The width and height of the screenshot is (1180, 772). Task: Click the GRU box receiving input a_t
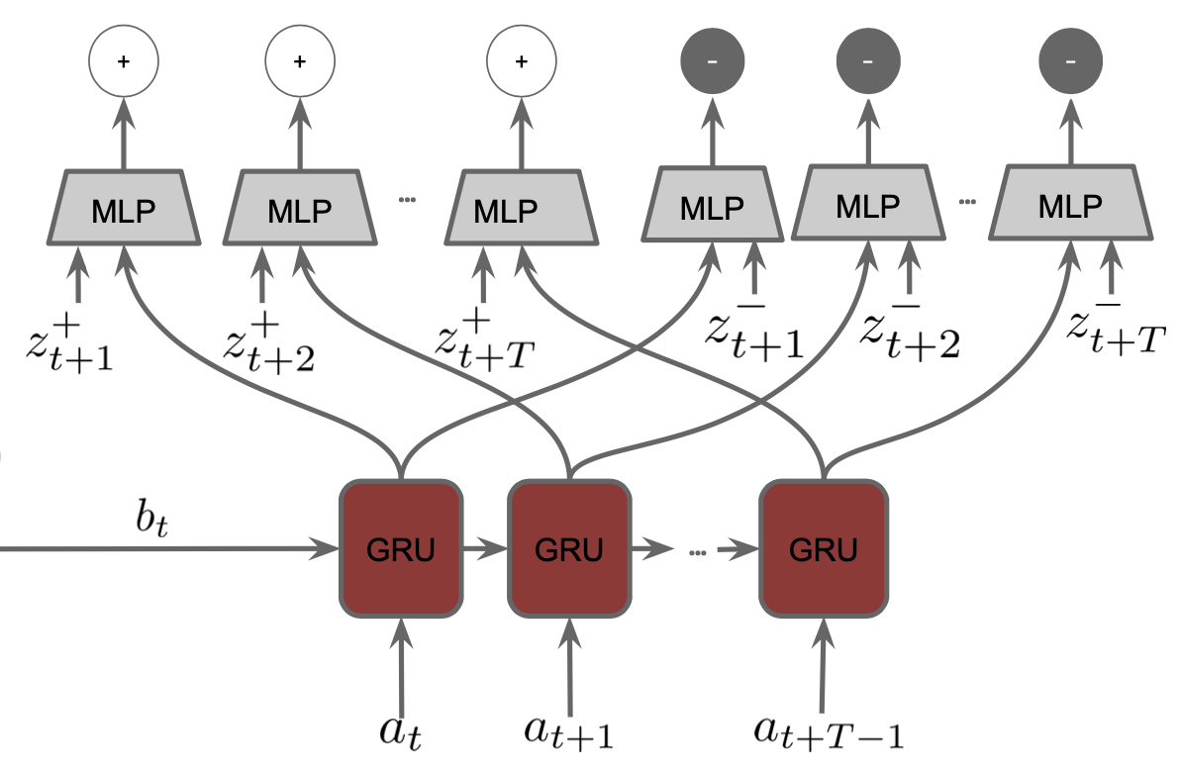[400, 548]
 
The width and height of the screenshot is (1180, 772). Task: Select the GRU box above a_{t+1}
[569, 548]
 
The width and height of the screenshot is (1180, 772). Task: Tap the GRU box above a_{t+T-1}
[824, 548]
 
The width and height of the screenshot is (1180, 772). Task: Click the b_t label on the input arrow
[152, 517]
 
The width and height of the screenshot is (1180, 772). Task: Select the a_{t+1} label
[569, 731]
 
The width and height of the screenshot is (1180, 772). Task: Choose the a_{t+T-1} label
[829, 731]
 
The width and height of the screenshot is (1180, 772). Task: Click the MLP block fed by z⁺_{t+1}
[124, 208]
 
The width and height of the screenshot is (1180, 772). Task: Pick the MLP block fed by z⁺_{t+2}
[300, 208]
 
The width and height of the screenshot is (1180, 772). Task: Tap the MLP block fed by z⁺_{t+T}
[521, 208]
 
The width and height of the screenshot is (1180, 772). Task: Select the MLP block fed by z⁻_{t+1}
[712, 204]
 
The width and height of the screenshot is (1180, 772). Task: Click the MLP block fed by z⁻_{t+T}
[1070, 203]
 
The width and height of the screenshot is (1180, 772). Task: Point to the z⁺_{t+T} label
[485, 342]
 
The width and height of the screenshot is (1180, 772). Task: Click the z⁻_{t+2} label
[910, 334]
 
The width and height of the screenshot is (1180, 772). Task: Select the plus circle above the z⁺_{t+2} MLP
[300, 61]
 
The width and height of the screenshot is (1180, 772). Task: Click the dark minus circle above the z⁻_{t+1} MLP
[712, 61]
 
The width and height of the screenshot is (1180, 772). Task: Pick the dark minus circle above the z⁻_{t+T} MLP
[1070, 61]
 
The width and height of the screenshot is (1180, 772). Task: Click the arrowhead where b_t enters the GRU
[327, 548]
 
